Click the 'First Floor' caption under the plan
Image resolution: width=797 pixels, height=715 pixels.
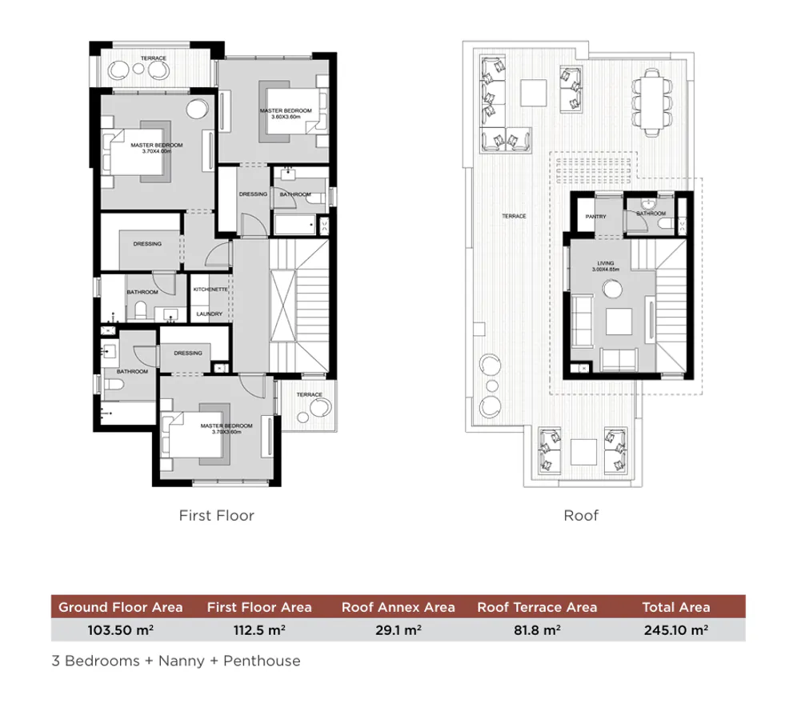point(217,516)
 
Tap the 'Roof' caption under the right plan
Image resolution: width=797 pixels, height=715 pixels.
point(581,516)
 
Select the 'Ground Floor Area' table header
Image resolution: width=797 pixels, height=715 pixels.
point(120,607)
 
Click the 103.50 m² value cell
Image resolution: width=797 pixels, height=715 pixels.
point(120,630)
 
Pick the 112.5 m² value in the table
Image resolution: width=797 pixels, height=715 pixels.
point(258,630)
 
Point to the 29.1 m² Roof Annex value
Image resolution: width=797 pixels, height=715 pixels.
point(398,630)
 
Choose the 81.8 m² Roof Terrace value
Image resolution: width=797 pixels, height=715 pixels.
point(536,630)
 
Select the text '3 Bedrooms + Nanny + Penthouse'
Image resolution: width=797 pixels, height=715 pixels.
point(174,661)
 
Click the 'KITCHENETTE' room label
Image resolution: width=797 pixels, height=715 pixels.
point(211,290)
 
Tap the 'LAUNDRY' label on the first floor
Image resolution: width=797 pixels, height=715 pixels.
point(209,314)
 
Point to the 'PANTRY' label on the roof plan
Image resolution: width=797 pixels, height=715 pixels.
point(595,216)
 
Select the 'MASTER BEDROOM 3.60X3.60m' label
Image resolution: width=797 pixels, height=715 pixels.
point(284,114)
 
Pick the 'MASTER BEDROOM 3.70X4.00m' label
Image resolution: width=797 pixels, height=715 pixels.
point(157,148)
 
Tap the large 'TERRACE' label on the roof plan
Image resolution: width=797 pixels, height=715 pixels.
point(513,216)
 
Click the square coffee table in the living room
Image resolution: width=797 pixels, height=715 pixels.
point(617,322)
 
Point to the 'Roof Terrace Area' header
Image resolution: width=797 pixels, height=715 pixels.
point(536,607)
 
